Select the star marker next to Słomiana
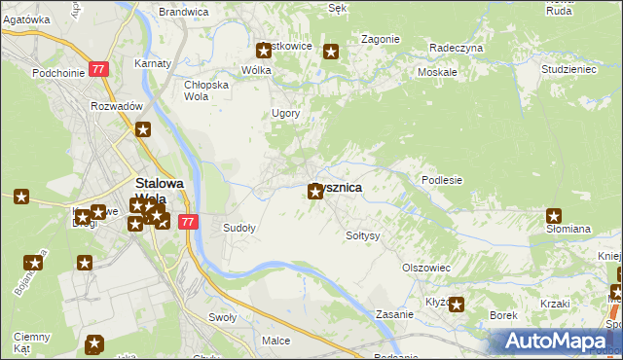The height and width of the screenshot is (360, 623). (554, 216)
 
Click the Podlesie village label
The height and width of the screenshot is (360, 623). (441, 180)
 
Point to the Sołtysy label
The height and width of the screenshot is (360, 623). (363, 235)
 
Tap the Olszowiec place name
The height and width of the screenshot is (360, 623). (425, 267)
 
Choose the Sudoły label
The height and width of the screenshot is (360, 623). (239, 228)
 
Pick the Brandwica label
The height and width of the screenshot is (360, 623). (183, 12)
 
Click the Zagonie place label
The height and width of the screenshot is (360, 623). (381, 39)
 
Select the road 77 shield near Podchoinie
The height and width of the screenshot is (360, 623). (98, 69)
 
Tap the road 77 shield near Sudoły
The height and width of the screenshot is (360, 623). (189, 222)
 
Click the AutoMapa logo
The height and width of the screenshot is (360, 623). (561, 342)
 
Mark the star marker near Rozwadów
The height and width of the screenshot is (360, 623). (143, 129)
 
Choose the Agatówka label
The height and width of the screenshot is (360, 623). (26, 19)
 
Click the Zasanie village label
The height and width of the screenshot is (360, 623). (396, 314)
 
